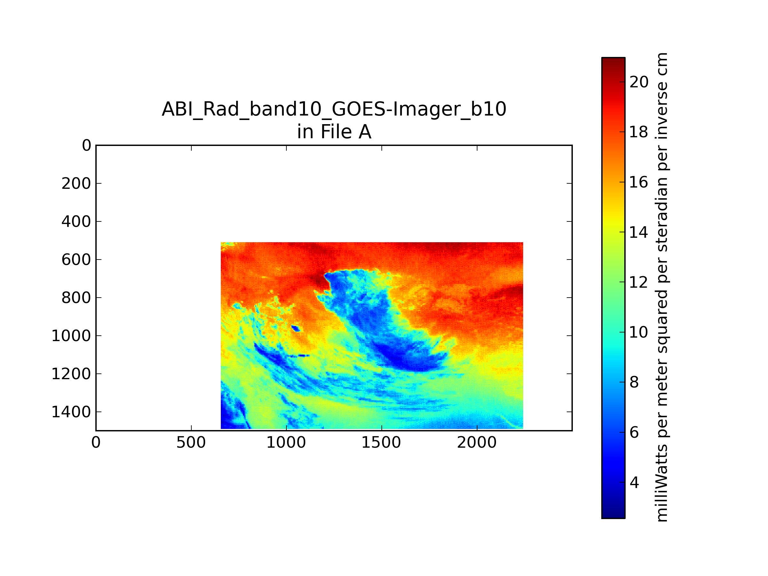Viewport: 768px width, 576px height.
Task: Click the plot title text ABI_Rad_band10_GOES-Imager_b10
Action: click(x=334, y=109)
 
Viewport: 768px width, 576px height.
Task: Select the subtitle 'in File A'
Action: click(x=334, y=132)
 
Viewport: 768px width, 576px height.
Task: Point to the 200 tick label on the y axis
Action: click(x=76, y=183)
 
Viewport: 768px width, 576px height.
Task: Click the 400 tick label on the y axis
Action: click(x=76, y=221)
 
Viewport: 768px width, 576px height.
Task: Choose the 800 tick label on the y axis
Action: click(x=76, y=298)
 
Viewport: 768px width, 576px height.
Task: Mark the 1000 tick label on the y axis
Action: click(x=71, y=336)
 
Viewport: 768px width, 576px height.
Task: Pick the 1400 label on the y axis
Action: click(x=71, y=412)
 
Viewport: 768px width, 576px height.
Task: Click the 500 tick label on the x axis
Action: click(x=191, y=443)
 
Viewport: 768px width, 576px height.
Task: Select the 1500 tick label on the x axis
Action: click(x=381, y=443)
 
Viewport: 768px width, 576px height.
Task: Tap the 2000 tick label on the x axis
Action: click(x=477, y=443)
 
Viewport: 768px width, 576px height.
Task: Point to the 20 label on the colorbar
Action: click(x=639, y=82)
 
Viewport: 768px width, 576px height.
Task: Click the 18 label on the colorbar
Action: click(x=639, y=132)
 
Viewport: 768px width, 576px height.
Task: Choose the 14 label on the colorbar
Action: click(x=639, y=232)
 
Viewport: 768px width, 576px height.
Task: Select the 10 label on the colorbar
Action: click(x=639, y=332)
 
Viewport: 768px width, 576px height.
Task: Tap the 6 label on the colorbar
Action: click(x=634, y=433)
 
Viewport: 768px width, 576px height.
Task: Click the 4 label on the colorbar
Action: click(x=634, y=483)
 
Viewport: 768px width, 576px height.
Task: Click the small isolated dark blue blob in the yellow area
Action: click(x=296, y=328)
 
